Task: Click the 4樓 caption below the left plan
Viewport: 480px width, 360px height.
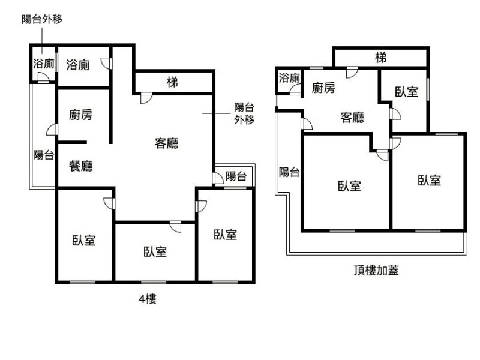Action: [x=148, y=299]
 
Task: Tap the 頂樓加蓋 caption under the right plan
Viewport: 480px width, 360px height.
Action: [x=376, y=270]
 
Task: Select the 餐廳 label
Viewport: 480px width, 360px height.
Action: [x=81, y=166]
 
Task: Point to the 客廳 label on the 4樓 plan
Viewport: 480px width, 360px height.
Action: [x=167, y=143]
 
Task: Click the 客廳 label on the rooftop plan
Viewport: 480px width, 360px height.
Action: [x=352, y=118]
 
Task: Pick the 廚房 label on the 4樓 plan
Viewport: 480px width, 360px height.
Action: [x=81, y=115]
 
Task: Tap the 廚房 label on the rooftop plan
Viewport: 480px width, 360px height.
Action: [x=323, y=88]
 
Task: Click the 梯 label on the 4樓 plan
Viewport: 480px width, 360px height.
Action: [x=172, y=82]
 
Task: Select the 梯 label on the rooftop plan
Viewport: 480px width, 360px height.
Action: [x=380, y=58]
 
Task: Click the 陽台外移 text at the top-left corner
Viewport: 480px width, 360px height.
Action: [x=42, y=19]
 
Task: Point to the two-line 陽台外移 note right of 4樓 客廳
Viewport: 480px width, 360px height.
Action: [x=244, y=113]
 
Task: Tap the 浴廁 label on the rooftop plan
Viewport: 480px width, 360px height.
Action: [x=289, y=77]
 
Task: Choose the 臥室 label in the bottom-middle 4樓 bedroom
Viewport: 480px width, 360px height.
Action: [x=155, y=252]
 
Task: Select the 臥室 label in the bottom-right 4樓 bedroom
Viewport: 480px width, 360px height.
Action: [x=226, y=235]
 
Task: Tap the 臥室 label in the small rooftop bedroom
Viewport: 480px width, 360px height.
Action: [x=407, y=92]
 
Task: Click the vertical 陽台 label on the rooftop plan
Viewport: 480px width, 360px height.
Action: [x=289, y=173]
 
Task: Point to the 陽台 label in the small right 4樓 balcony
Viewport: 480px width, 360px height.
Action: [x=236, y=176]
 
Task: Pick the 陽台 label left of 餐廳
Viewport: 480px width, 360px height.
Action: [x=43, y=155]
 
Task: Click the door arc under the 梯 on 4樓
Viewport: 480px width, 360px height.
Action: [x=146, y=98]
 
